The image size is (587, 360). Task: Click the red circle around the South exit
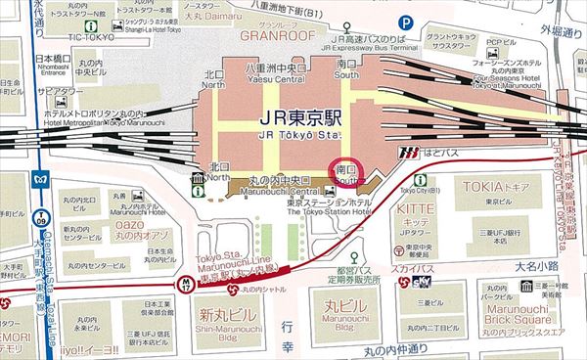347,173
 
